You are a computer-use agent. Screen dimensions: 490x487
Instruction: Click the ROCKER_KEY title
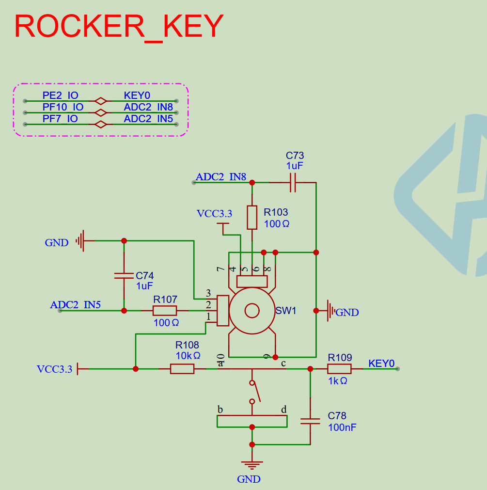point(119,26)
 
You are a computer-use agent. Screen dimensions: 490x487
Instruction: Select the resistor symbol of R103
point(252,217)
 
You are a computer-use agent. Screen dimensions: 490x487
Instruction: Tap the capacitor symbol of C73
point(293,183)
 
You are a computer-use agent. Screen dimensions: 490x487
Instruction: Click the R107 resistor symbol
point(165,311)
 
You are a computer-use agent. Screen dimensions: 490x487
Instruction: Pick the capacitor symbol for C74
point(124,275)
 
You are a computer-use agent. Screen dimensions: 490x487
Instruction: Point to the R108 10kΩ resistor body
point(182,369)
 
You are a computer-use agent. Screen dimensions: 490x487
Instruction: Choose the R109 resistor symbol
point(339,369)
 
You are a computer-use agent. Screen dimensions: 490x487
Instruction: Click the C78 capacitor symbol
point(310,421)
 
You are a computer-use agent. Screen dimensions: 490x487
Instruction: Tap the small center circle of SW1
point(252,311)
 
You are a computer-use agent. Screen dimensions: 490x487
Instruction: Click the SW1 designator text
point(286,311)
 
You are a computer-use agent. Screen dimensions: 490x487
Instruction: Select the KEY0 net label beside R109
point(381,363)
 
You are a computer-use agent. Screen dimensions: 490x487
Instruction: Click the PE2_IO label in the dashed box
point(60,95)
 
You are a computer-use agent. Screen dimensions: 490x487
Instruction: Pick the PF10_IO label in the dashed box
point(63,107)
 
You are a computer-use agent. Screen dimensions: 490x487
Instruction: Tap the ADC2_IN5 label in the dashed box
point(148,119)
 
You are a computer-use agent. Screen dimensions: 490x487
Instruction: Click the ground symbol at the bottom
point(252,464)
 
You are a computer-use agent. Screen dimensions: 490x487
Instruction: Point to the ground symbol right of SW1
point(331,311)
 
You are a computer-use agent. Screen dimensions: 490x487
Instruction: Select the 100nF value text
point(342,427)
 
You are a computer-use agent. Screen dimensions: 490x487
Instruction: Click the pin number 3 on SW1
point(208,293)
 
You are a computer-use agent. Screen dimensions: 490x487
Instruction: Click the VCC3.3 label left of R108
point(54,369)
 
